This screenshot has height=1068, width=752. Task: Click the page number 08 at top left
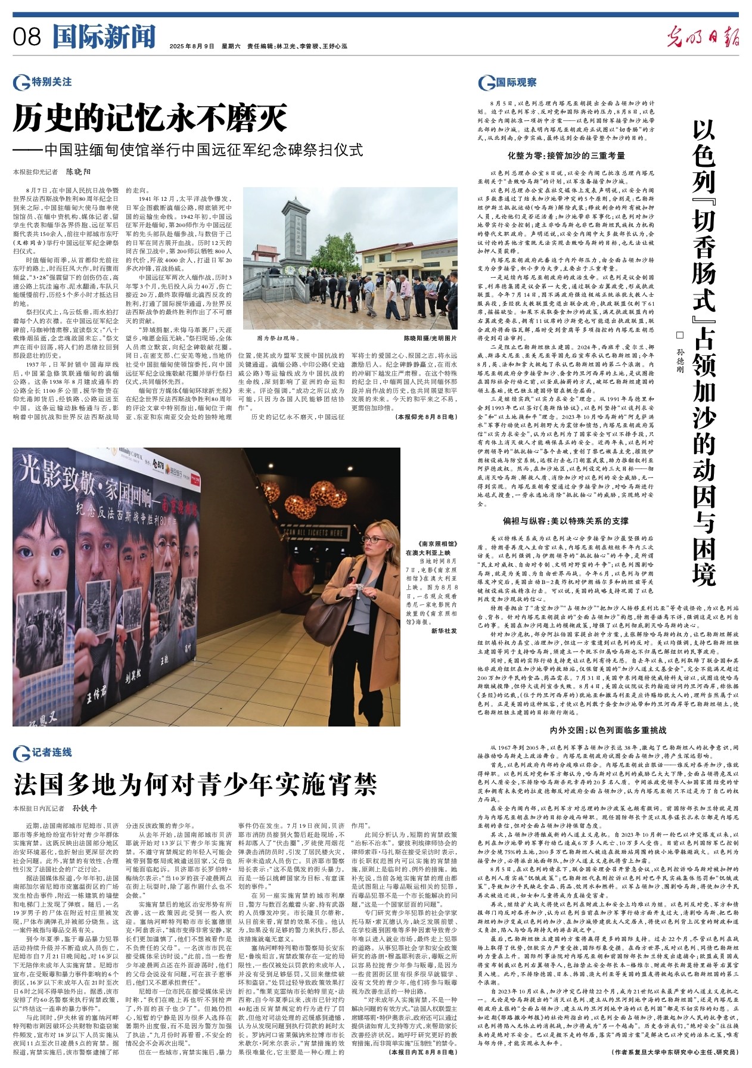tap(27, 38)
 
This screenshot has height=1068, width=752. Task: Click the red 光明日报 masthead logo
tap(703, 38)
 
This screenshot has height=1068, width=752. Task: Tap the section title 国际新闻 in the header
tap(103, 37)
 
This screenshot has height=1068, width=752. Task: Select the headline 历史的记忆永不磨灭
tap(151, 119)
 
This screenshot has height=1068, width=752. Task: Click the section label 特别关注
tap(52, 82)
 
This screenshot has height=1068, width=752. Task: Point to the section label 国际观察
tap(516, 82)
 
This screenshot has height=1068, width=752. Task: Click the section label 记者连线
tap(52, 752)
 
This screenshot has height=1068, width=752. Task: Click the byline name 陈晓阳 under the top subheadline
tap(78, 172)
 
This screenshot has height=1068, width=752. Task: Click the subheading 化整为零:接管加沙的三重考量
tap(566, 156)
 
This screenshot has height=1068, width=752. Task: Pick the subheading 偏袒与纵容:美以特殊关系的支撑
tap(565, 521)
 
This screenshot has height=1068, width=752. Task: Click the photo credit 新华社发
tap(444, 630)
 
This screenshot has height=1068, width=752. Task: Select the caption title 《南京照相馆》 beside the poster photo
tap(439, 544)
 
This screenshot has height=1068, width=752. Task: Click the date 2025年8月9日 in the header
tap(191, 46)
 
